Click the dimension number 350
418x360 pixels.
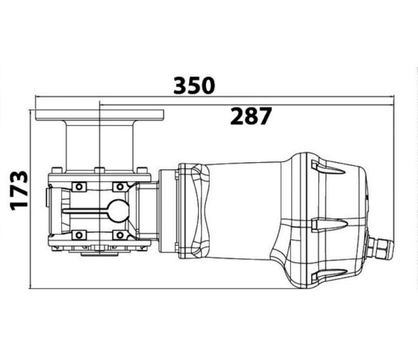[x=194, y=85]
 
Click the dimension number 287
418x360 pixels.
[x=250, y=116]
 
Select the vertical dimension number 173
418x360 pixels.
[x=19, y=190]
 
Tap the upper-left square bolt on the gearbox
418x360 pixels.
[x=79, y=187]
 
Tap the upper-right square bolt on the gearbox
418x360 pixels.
[x=118, y=187]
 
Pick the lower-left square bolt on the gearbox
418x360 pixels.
[x=79, y=234]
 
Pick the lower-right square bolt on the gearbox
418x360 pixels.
[x=118, y=234]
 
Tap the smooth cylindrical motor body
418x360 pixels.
[x=245, y=211]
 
